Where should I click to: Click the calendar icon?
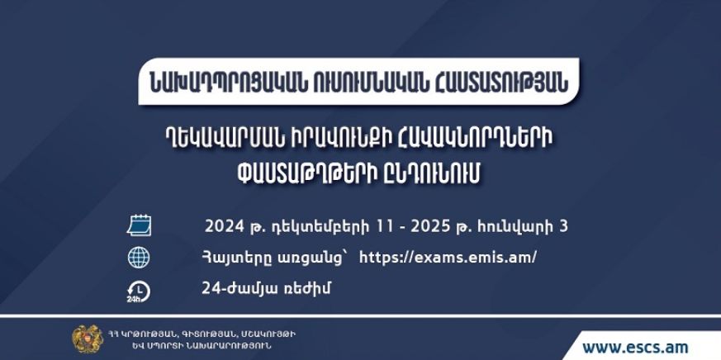139,226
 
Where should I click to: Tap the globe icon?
139,258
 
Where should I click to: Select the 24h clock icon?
139,291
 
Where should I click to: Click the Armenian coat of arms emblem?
88,339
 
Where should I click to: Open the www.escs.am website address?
635,347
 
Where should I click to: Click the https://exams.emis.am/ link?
448,258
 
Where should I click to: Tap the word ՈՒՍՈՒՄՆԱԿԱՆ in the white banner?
372,82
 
